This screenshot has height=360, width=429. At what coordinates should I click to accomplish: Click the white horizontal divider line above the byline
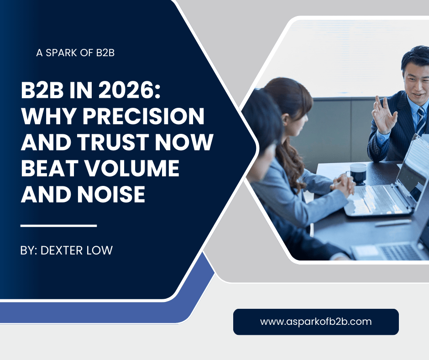click(59, 225)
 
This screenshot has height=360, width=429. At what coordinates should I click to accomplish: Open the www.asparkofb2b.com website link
click(316, 322)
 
